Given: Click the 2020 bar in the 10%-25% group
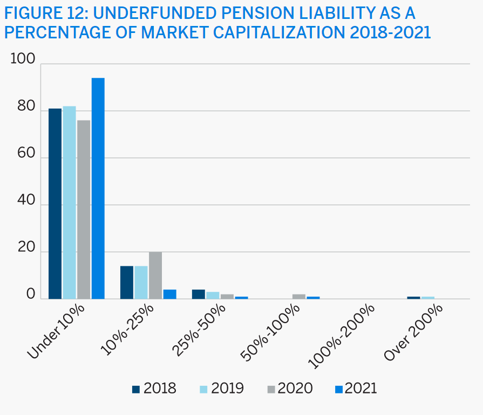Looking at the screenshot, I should coord(155,275).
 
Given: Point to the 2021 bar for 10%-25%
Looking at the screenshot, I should coord(169,294).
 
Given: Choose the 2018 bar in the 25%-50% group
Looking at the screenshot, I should coord(199,294).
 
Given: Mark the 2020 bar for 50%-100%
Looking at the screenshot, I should coord(298,296).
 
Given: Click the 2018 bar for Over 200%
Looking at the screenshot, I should coord(413,297).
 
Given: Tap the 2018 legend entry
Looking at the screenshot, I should coord(154,388).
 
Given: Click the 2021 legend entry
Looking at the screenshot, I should coord(356,388).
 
